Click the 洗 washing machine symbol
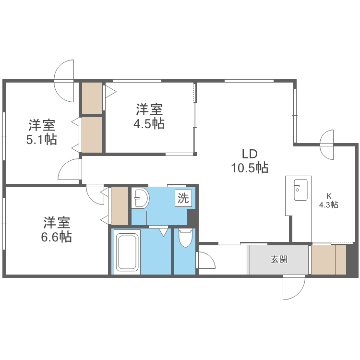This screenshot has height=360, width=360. pyautogui.click(x=183, y=198)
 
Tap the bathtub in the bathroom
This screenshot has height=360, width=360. pyautogui.click(x=127, y=252)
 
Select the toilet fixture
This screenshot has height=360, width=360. pyautogui.click(x=185, y=238)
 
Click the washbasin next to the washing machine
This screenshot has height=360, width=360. pyautogui.click(x=140, y=198)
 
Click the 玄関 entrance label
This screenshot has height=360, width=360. pyautogui.click(x=279, y=260)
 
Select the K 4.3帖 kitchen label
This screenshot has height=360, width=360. pyautogui.click(x=329, y=200)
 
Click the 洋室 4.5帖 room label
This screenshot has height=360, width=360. pyautogui.click(x=149, y=117)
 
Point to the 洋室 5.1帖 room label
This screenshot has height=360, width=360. pyautogui.click(x=41, y=132)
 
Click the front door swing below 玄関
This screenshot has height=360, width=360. pyautogui.click(x=293, y=287)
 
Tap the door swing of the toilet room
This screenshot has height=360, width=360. pyautogui.click(x=205, y=262)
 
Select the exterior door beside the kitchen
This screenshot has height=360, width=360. pyautogui.click(x=327, y=145)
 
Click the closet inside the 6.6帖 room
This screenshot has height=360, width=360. pyautogui.click(x=120, y=205)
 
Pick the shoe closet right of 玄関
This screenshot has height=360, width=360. pyautogui.click(x=328, y=260)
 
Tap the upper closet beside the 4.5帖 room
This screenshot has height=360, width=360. pyautogui.click(x=92, y=97)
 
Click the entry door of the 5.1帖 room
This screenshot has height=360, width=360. pyautogui.click(x=70, y=169)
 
